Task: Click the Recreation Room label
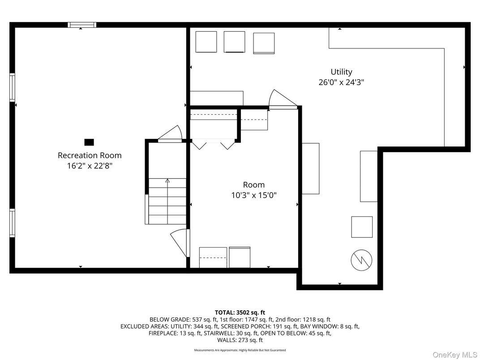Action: coord(90,155)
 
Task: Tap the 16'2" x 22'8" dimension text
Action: coord(90,166)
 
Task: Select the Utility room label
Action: coord(341,72)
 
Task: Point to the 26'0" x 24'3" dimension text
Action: coord(341,82)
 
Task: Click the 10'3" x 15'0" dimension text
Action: coord(253,195)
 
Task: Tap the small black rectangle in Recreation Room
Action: coord(89,142)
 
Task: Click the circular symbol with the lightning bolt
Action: coord(361,260)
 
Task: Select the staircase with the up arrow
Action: coord(167,201)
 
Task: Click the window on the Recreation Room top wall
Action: coord(82,25)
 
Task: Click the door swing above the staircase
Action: coord(171,133)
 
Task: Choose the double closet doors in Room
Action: coord(213,145)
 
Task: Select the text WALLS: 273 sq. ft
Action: coord(240,340)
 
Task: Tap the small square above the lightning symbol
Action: coord(361,227)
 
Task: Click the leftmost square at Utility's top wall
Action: coord(206,42)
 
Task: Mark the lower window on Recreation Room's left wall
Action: coord(12,223)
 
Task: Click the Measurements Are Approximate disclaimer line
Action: coord(240,350)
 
